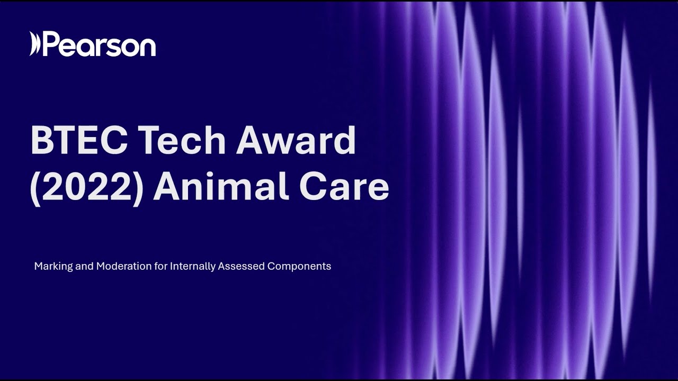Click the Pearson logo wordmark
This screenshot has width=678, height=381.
pos(99,45)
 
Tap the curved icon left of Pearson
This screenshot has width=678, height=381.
pos(34,44)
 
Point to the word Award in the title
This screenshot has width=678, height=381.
pos(296,140)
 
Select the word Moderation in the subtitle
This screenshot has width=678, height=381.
pos(123,266)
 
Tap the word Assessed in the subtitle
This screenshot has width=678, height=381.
pos(242,266)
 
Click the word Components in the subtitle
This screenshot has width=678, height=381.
pos(299,267)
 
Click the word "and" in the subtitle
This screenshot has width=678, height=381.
pos(84,266)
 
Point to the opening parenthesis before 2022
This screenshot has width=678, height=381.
pos(35,187)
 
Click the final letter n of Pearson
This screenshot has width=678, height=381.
pos(148,47)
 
